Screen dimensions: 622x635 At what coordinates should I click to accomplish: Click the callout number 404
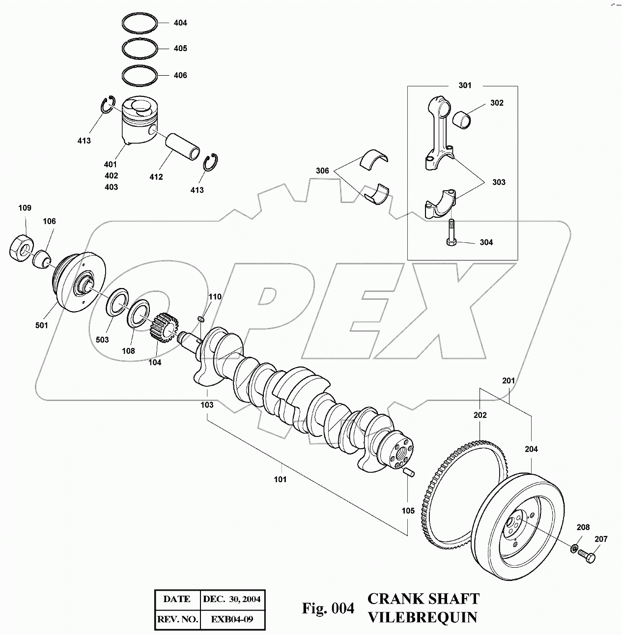point(180,23)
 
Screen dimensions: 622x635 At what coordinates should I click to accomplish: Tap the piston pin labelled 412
point(184,143)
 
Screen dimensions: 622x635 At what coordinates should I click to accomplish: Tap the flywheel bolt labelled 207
point(587,555)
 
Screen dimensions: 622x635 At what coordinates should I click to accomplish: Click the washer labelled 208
point(574,548)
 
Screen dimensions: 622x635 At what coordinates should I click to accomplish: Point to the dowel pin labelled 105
point(408,474)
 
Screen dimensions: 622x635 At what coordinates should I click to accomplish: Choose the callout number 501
point(42,325)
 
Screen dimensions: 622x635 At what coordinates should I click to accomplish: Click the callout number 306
point(322,171)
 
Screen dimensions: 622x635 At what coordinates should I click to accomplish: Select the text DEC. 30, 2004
point(232,599)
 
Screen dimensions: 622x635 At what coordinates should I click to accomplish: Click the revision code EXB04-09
point(232,619)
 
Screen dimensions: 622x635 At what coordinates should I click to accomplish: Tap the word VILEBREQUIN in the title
point(422,617)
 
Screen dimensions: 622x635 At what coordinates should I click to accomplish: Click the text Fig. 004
point(328,608)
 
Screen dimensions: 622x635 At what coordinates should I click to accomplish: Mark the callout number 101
point(280,479)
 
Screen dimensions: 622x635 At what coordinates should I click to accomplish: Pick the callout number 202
point(480,415)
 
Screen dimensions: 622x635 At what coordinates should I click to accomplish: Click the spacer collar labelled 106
point(42,259)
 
